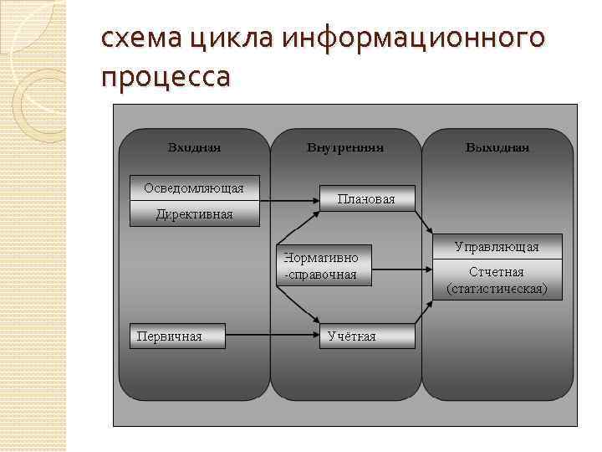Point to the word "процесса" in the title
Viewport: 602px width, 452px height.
pyautogui.click(x=165, y=77)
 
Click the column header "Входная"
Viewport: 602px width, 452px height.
pyautogui.click(x=194, y=147)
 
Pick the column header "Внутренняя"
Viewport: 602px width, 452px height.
pyautogui.click(x=344, y=147)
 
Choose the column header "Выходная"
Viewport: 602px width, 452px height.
pyautogui.click(x=497, y=147)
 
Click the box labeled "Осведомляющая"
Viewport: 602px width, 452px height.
pyautogui.click(x=194, y=188)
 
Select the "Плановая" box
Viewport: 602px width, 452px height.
pyautogui.click(x=366, y=198)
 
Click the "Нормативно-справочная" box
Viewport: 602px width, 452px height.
pyautogui.click(x=324, y=267)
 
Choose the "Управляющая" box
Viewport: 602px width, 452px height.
pyautogui.click(x=497, y=247)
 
